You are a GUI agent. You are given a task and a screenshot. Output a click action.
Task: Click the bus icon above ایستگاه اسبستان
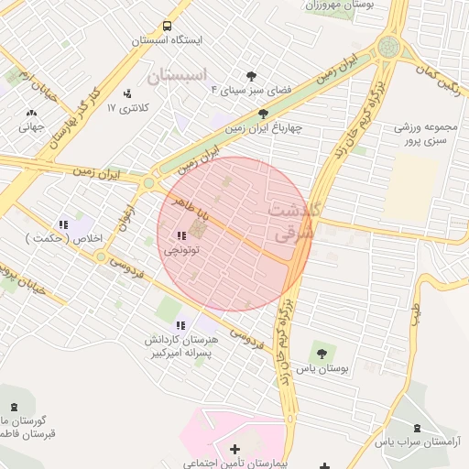click(167, 27)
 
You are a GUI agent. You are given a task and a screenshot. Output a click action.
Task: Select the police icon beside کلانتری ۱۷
click(126, 93)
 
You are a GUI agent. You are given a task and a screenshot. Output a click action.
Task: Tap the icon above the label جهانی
click(32, 114)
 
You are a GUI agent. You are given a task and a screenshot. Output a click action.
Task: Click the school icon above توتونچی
click(180, 235)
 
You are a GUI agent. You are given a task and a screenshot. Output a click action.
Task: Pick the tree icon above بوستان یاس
click(322, 353)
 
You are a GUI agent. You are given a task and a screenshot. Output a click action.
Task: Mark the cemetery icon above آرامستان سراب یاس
click(418, 428)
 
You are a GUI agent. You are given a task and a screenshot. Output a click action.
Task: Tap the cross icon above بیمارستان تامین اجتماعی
click(235, 449)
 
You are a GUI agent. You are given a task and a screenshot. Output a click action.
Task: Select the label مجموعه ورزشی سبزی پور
click(425, 135)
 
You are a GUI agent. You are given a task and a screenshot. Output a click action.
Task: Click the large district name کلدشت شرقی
click(292, 221)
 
